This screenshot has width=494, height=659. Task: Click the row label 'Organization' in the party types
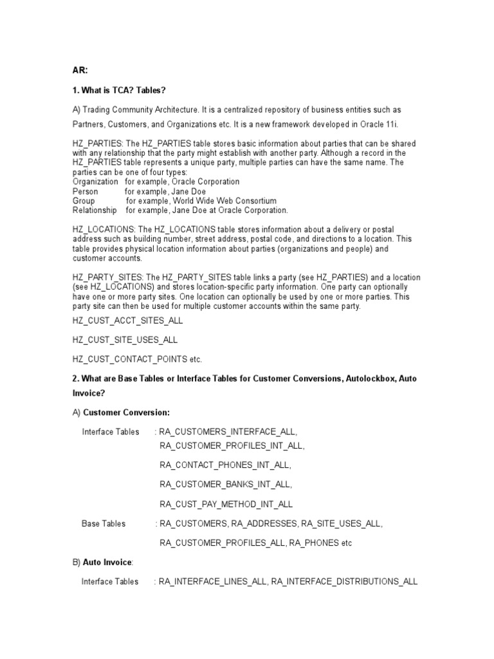pos(95,182)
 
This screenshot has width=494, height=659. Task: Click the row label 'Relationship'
pos(95,210)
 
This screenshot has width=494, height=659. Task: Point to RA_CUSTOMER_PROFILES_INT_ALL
pos(232,445)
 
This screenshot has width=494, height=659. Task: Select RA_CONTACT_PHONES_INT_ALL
pos(225,465)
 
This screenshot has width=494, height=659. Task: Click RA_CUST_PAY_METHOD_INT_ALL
pos(226,504)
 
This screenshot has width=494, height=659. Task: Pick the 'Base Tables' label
pos(104,524)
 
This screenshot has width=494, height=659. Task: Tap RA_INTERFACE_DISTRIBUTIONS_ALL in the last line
pos(344,582)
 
